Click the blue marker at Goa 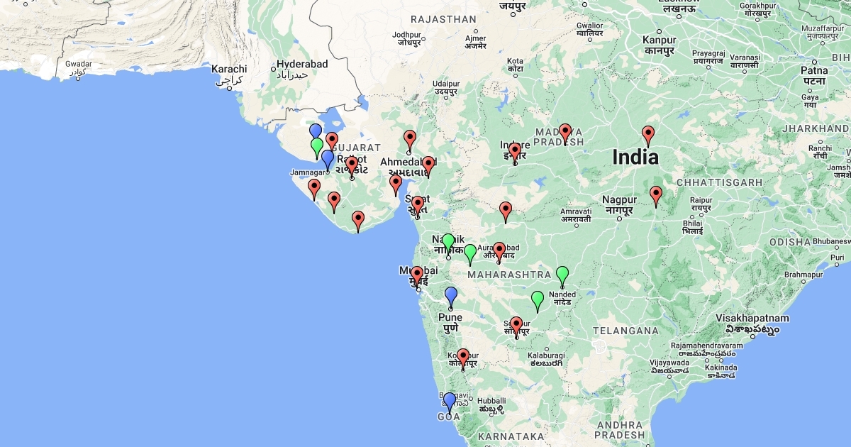[x=449, y=402]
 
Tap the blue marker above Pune [x=450, y=296]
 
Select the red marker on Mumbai [x=417, y=275]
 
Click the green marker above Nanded [x=562, y=275]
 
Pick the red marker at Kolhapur [x=463, y=358]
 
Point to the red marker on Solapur [x=516, y=325]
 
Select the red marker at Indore [x=515, y=152]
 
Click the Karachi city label [x=229, y=70]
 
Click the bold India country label [x=636, y=157]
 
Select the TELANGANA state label [x=625, y=331]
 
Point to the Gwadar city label [x=79, y=64]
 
